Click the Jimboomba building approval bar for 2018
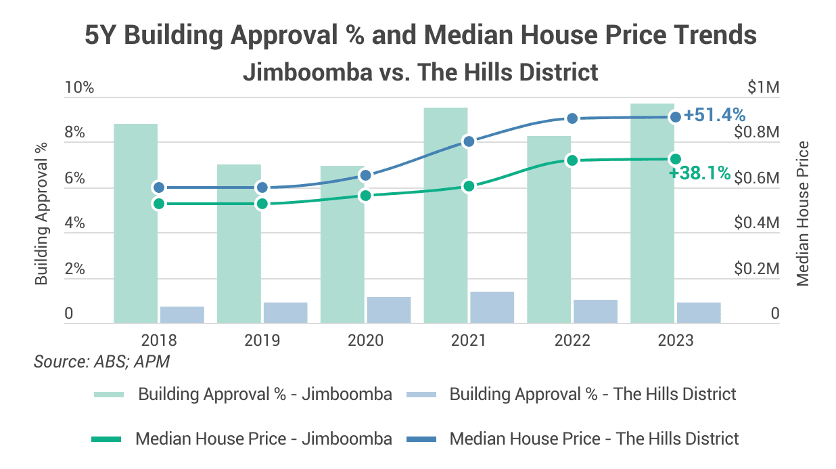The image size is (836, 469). tap(135, 223)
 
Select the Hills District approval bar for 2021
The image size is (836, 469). tap(492, 307)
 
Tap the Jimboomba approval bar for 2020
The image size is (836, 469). tap(342, 244)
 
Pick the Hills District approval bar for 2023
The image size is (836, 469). tap(699, 313)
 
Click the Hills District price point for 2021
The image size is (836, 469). tap(468, 141)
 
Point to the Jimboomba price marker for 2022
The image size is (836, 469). tap(572, 160)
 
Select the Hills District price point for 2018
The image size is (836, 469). tap(158, 187)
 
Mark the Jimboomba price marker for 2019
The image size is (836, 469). tap(262, 204)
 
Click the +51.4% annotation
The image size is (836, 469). tap(714, 115)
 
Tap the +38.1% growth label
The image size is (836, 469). tap(699, 173)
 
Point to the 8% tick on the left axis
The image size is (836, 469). tap(74, 133)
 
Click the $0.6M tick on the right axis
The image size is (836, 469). tap(757, 179)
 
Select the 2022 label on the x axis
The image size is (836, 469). tap(572, 340)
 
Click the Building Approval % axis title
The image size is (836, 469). tap(42, 213)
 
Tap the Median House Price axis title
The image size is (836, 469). tap(802, 213)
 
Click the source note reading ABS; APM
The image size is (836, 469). tap(101, 361)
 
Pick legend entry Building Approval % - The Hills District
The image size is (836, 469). tap(593, 394)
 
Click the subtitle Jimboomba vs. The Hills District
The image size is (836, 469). tap(420, 72)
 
